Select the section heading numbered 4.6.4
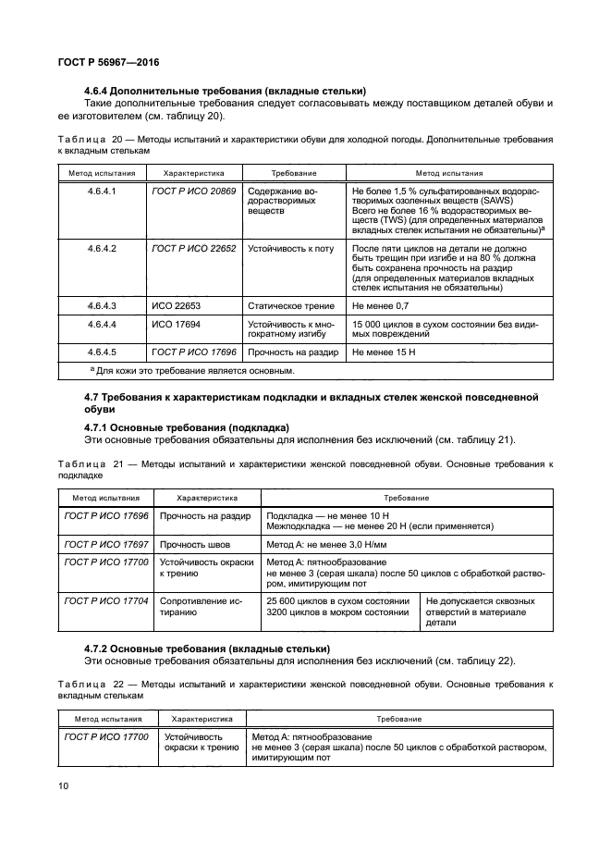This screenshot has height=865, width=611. point(226,91)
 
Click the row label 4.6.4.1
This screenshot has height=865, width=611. point(101,191)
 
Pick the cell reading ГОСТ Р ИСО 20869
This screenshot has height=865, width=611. point(193,191)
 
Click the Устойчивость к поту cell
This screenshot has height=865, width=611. point(287,248)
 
